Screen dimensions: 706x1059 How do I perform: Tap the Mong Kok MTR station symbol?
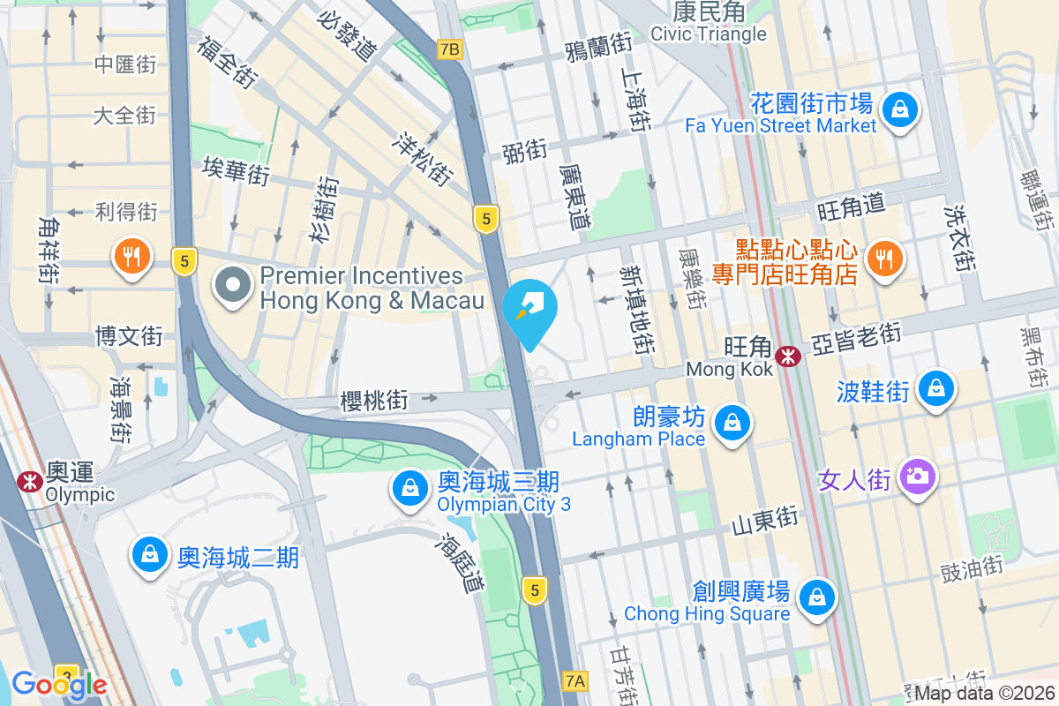click(787, 356)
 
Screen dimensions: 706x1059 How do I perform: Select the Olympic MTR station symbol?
click(29, 481)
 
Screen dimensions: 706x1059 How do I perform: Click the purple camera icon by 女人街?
click(918, 477)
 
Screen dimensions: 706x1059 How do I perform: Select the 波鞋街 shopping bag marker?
click(936, 388)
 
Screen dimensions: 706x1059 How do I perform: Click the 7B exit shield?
click(448, 49)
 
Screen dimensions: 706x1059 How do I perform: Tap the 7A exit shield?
click(575, 680)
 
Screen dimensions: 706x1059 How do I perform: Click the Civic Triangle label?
click(709, 34)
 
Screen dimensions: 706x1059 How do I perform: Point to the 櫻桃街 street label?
click(375, 401)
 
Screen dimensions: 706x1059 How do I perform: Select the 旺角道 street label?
click(851, 208)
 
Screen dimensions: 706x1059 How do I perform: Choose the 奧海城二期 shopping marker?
click(149, 555)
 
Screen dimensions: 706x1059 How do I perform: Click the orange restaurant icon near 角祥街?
click(131, 257)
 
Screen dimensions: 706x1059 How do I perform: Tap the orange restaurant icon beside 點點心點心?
click(883, 258)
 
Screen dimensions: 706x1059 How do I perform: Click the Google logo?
click(59, 684)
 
